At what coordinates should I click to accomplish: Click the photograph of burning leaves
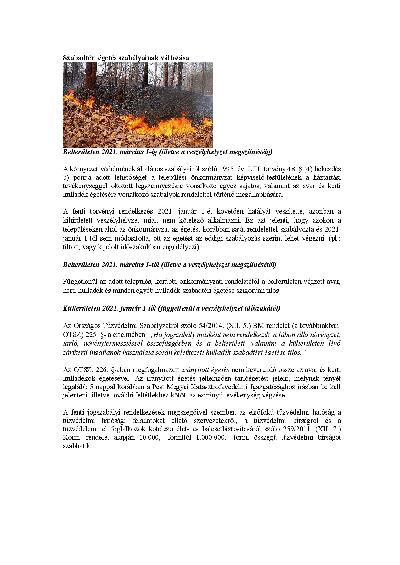137,104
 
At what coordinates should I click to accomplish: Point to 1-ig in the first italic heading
148,152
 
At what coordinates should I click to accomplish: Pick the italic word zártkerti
75,352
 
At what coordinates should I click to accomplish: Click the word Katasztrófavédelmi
217,387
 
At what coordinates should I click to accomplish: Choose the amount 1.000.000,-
211,438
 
